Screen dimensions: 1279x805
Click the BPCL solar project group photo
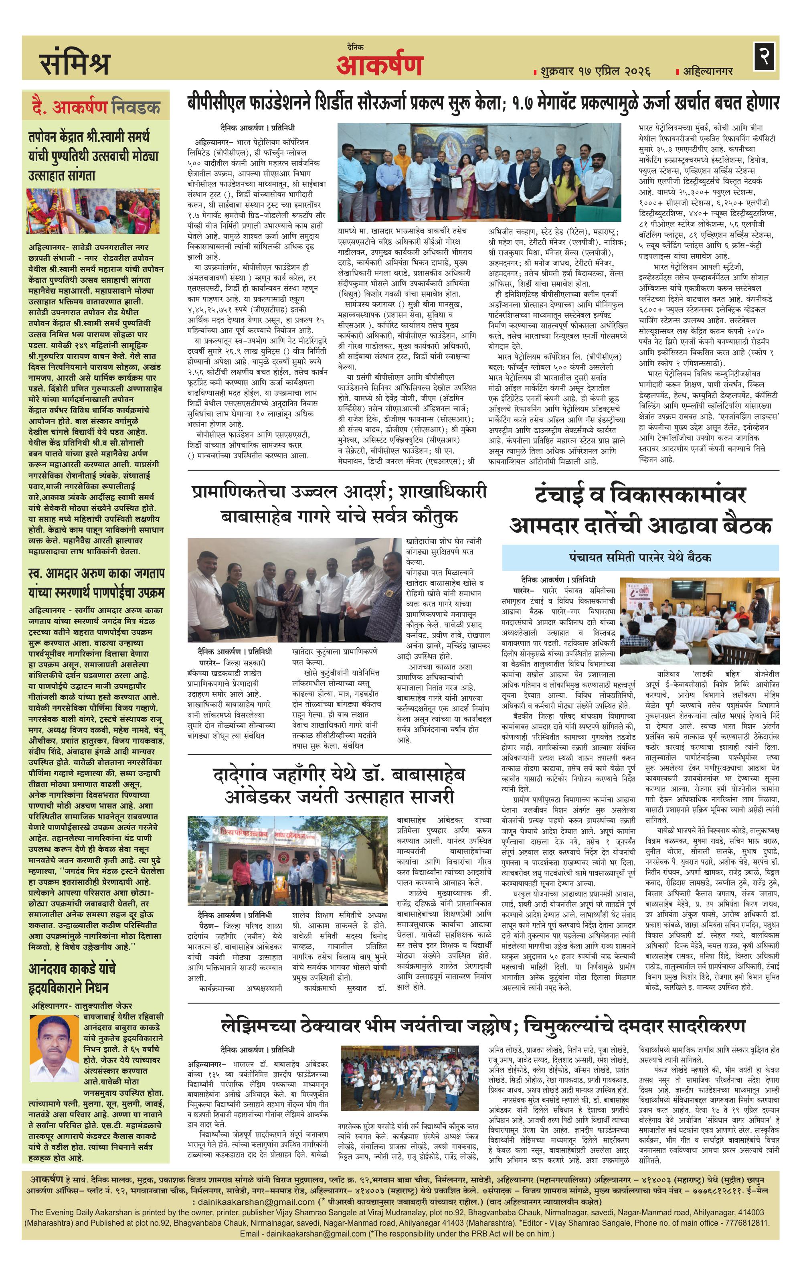coord(479,172)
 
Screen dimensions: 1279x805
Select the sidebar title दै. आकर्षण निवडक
coord(95,108)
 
